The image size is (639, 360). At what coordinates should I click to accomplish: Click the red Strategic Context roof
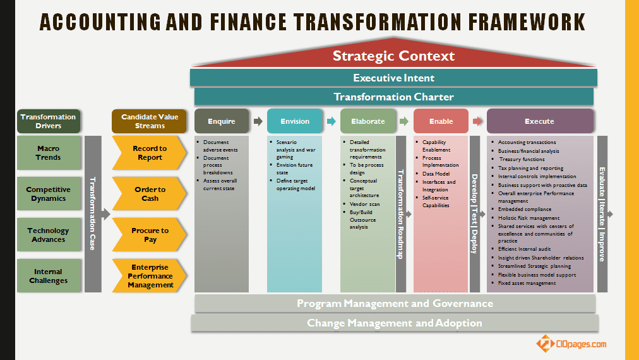pyautogui.click(x=393, y=55)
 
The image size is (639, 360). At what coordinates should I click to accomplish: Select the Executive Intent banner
pyautogui.click(x=393, y=78)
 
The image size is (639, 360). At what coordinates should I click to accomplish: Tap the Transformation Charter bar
pyautogui.click(x=393, y=97)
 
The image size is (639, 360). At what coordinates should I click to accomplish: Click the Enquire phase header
pyautogui.click(x=221, y=121)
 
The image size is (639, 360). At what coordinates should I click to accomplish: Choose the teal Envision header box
pyautogui.click(x=295, y=121)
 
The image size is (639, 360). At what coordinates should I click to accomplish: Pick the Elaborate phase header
pyautogui.click(x=368, y=121)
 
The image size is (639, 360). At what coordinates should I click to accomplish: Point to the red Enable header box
pyautogui.click(x=441, y=121)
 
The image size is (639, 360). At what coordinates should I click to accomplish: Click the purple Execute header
pyautogui.click(x=540, y=121)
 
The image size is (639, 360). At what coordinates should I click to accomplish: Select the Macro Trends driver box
pyautogui.click(x=49, y=153)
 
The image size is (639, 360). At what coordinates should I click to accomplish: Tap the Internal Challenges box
pyautogui.click(x=49, y=275)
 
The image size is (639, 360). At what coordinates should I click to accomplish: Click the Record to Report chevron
pyautogui.click(x=149, y=153)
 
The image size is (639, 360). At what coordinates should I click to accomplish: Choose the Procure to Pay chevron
pyautogui.click(x=149, y=234)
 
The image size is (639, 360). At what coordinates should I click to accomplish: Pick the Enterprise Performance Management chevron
pyautogui.click(x=149, y=275)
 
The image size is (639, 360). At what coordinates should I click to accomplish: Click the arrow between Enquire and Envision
pyautogui.click(x=258, y=121)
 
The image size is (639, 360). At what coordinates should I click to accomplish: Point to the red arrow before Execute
pyautogui.click(x=477, y=121)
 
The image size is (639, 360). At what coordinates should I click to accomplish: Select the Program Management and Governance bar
pyautogui.click(x=395, y=303)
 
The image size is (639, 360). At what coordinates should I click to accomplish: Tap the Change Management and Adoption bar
pyautogui.click(x=395, y=323)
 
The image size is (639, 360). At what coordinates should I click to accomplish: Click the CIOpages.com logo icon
pyautogui.click(x=544, y=343)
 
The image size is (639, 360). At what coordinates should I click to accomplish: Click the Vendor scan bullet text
pyautogui.click(x=365, y=204)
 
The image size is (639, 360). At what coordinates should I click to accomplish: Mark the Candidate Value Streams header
pyautogui.click(x=149, y=121)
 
